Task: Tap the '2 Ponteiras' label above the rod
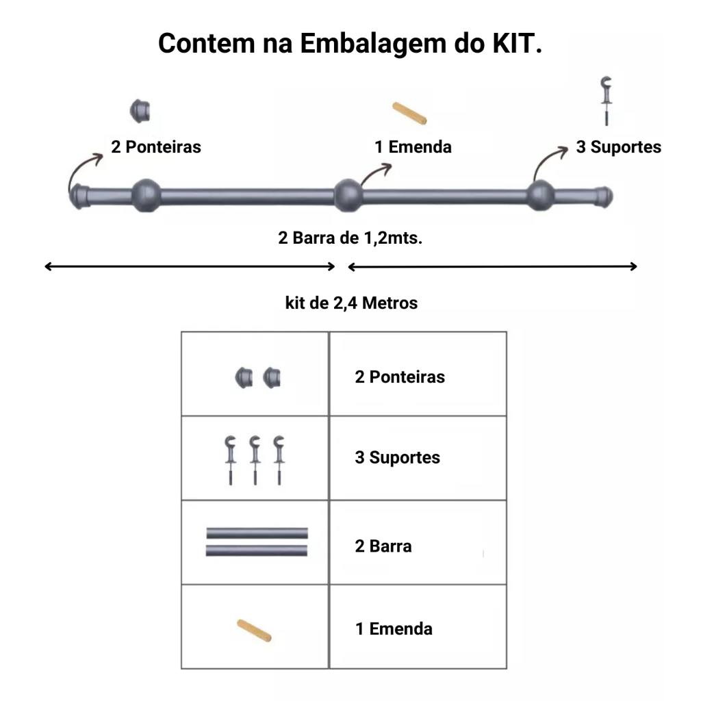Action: pos(156,146)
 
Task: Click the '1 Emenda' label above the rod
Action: pos(413,146)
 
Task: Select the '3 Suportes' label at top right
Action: pos(618,146)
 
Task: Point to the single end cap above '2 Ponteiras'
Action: pos(140,111)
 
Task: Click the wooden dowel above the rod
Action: pos(409,113)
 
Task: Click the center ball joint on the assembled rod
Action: pos(348,195)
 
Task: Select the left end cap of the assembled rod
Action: pos(80,196)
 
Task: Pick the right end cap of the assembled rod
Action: pos(604,196)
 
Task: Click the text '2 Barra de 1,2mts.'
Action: pos(350,238)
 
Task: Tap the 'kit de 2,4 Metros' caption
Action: pos(351,303)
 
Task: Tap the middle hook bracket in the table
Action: pos(255,460)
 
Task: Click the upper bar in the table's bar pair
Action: pos(257,533)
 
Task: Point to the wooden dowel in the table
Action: pos(254,630)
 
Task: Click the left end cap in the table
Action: pos(244,378)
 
